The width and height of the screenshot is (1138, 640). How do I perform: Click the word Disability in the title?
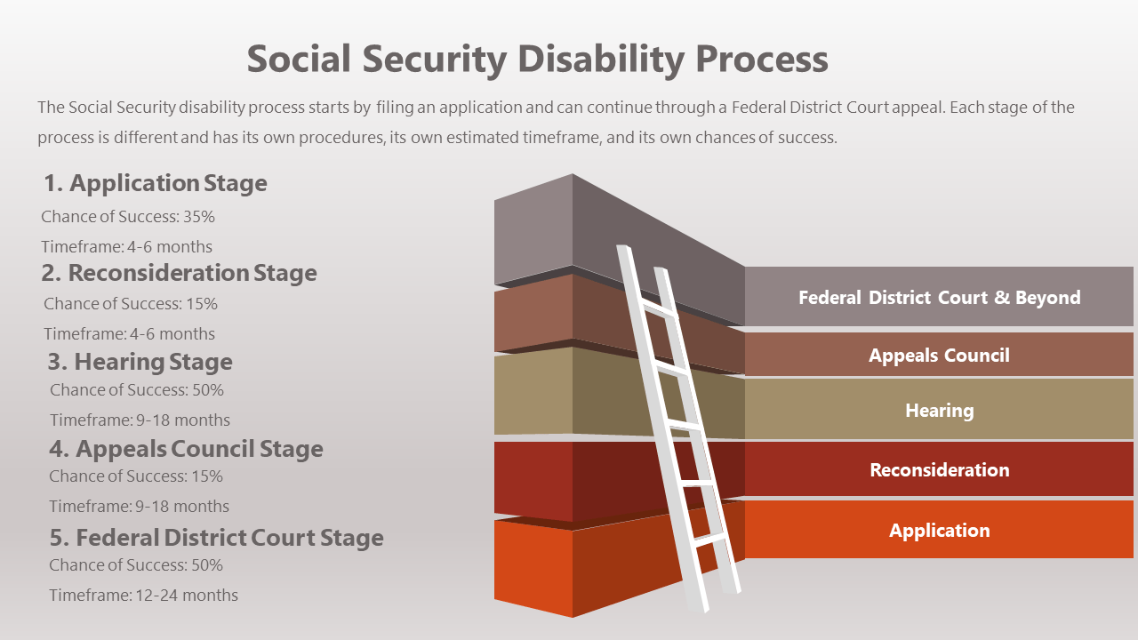coord(602,60)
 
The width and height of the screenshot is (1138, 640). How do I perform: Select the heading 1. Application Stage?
coord(156,183)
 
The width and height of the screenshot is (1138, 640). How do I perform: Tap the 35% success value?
coord(199,217)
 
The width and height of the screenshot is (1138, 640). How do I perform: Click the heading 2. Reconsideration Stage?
coord(179,273)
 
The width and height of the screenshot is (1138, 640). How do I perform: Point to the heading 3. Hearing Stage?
coord(140,362)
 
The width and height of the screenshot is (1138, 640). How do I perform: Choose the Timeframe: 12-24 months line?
coord(143,596)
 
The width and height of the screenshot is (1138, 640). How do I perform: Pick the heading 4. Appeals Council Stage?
coord(186,449)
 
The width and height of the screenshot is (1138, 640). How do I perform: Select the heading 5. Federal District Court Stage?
coord(216,538)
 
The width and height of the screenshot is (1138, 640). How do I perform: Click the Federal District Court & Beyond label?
coord(940,298)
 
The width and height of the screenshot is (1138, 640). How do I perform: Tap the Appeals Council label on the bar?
coord(940,356)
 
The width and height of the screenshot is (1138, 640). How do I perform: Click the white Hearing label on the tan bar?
coord(940,411)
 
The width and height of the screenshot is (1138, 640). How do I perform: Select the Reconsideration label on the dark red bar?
coord(940,470)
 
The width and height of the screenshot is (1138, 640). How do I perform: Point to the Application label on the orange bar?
coord(940,531)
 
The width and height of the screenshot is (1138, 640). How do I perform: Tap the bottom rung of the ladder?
coord(709,540)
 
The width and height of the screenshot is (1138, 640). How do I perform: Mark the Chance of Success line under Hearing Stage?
coord(137,390)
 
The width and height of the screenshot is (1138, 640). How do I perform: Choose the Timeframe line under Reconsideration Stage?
coord(129,334)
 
